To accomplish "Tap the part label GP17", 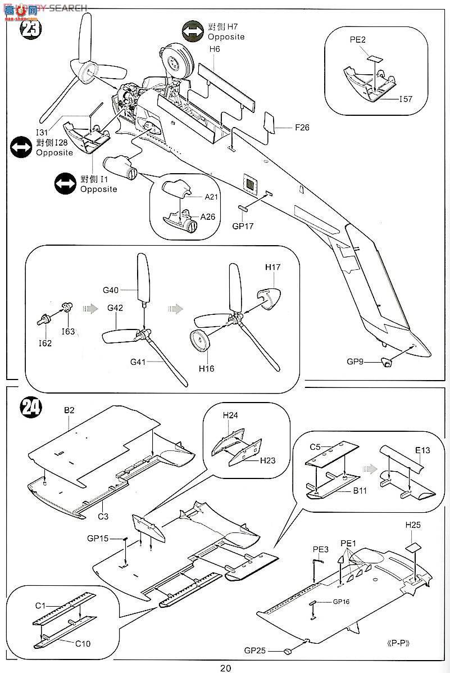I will [243, 227].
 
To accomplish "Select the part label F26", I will [302, 127].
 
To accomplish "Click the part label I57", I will [406, 99].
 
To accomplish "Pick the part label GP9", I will [355, 362].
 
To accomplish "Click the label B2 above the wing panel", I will [69, 410].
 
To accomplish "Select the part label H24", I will [230, 415].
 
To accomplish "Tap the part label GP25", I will [255, 650].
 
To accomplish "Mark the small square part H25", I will [413, 546].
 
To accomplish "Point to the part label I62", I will [46, 343].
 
